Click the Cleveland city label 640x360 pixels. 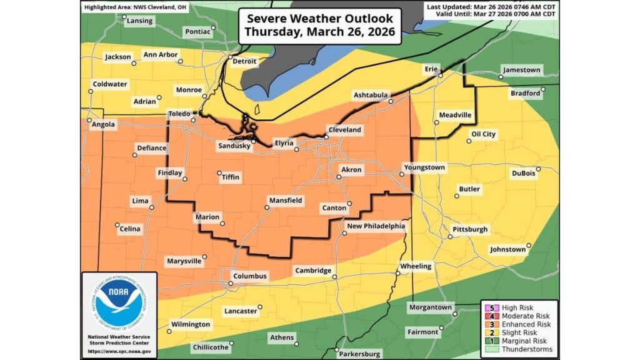tap(345, 129)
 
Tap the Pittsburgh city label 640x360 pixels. tap(469, 229)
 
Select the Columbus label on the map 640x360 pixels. tap(250, 276)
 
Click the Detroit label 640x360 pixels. tap(244, 62)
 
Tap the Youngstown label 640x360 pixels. tap(424, 167)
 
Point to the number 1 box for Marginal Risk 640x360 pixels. tap(492, 341)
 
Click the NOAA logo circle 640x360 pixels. tap(119, 303)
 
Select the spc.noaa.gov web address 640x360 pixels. tap(119, 351)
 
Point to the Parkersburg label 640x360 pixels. tap(359, 354)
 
